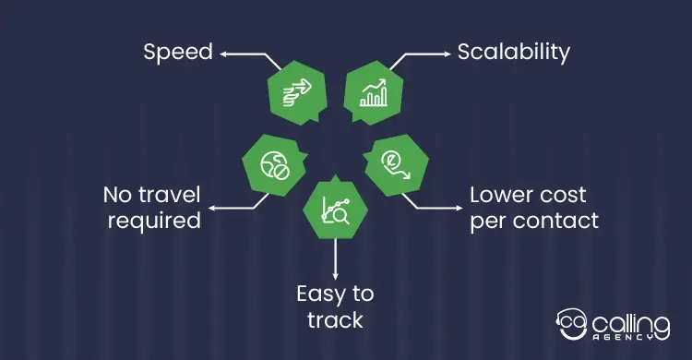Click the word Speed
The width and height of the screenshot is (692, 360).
tap(178, 53)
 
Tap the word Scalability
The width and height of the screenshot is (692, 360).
tap(513, 53)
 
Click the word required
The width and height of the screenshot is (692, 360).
tap(154, 221)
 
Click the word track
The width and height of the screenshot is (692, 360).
tap(336, 319)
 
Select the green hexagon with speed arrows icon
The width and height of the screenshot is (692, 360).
tap(297, 92)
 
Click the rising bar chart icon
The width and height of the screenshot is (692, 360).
tap(374, 92)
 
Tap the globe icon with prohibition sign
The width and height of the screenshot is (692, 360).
tap(275, 165)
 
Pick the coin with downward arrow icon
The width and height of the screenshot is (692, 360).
tap(396, 164)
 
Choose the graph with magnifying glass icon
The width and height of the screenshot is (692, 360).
tap(336, 210)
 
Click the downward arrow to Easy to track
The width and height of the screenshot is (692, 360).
tap(336, 258)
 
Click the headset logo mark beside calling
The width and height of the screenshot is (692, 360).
tap(572, 324)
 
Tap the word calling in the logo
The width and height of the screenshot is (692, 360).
tap(631, 325)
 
